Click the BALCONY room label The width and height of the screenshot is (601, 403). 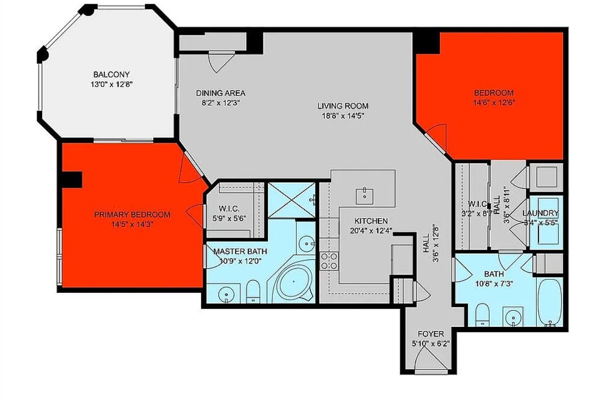click(111, 74)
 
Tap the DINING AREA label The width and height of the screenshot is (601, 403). click(221, 93)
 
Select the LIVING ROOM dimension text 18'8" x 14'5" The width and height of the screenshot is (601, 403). click(343, 115)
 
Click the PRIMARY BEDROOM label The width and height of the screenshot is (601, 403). click(132, 215)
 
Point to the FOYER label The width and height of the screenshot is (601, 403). click(431, 334)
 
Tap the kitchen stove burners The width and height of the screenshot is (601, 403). click(329, 260)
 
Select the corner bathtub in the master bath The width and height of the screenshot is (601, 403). click(293, 282)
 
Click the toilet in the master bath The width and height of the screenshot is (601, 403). click(252, 291)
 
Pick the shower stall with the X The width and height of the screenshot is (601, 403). click(291, 200)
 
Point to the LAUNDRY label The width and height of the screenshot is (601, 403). click(540, 213)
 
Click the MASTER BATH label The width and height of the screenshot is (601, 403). click(240, 252)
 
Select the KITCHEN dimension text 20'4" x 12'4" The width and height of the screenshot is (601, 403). click(371, 231)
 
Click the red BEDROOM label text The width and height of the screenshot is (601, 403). click(494, 92)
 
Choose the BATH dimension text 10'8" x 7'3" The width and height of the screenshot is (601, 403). click(494, 283)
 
